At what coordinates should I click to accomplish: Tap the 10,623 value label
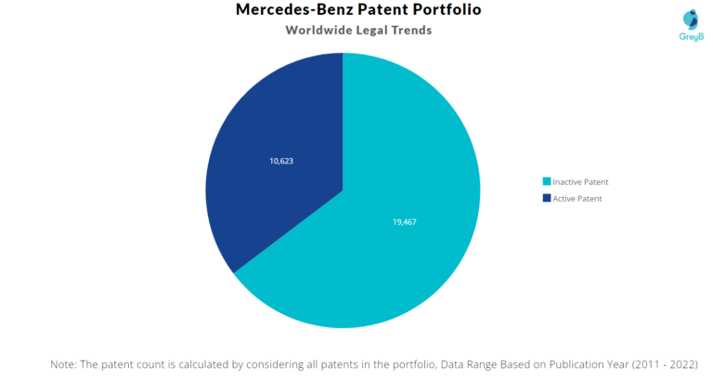[x=281, y=161]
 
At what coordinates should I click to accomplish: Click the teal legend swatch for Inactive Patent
[x=546, y=181]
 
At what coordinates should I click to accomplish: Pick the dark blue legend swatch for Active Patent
[x=546, y=198]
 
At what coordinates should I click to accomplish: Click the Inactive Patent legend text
[x=580, y=181]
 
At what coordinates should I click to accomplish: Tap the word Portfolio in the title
[x=444, y=10]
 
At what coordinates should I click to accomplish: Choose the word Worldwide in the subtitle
[x=317, y=31]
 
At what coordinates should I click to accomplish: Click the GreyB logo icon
[x=691, y=19]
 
